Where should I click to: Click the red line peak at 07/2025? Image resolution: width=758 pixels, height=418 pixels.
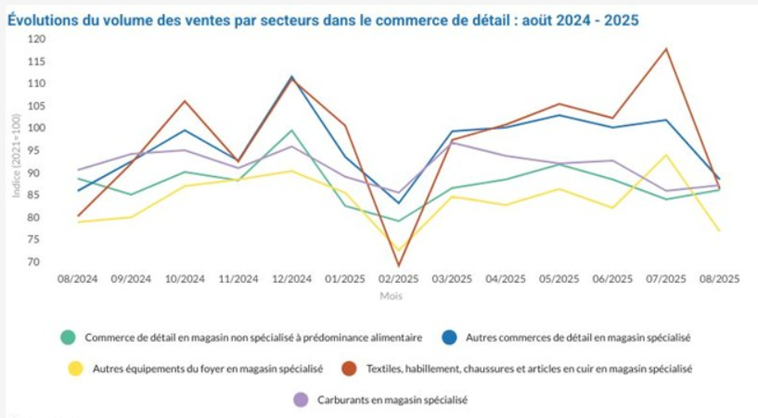665,48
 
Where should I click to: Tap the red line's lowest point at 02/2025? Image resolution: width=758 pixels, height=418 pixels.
398,266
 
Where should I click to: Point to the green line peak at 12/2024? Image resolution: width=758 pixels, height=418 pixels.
291,131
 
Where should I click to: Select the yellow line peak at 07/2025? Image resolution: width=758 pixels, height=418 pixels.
665,155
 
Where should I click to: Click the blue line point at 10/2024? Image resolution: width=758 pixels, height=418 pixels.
185,130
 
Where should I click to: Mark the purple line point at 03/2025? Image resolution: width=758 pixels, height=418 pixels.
452,143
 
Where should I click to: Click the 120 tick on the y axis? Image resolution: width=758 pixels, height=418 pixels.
37,39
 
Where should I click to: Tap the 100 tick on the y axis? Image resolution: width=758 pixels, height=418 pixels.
37,128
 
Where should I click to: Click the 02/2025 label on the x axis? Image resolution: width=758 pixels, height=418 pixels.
398,278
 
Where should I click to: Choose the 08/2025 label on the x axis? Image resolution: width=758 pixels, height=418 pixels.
719,278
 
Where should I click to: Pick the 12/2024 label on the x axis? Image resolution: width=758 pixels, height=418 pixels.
291,278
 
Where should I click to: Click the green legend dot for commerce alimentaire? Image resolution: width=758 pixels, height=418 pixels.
67,337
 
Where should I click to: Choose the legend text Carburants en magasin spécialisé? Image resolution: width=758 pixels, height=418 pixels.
393,400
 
